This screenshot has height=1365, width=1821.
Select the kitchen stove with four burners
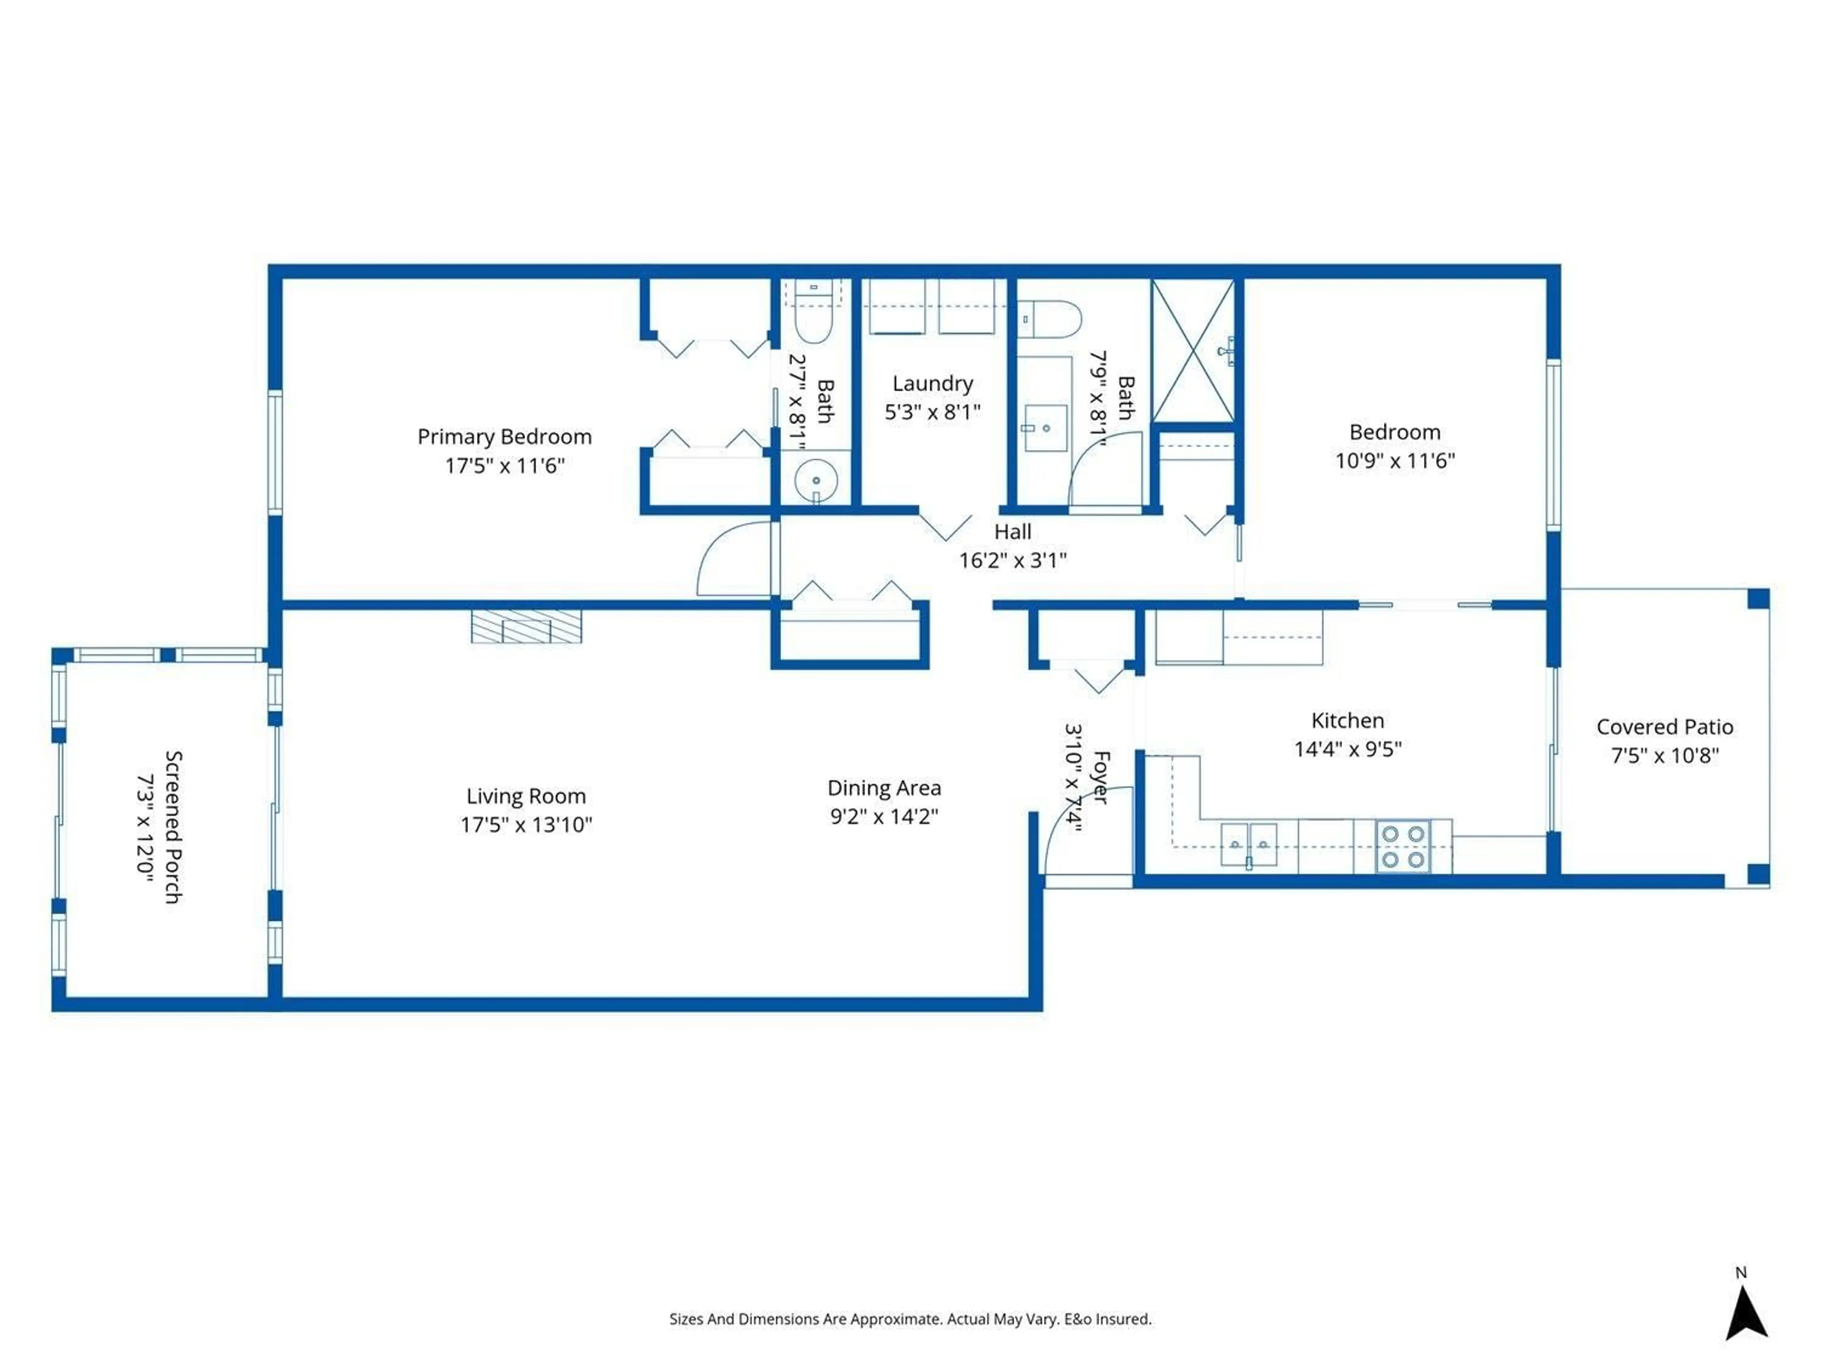click(1403, 846)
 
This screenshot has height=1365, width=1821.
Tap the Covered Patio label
click(1665, 727)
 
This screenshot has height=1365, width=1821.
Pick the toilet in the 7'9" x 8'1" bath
click(1050, 319)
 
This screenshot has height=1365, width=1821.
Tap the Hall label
click(1012, 531)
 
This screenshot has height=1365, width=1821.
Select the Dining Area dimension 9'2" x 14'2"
click(884, 816)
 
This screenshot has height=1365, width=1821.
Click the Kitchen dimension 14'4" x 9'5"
click(1348, 749)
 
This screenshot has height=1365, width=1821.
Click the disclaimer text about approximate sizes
click(910, 1319)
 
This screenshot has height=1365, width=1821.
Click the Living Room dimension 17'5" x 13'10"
click(526, 824)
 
